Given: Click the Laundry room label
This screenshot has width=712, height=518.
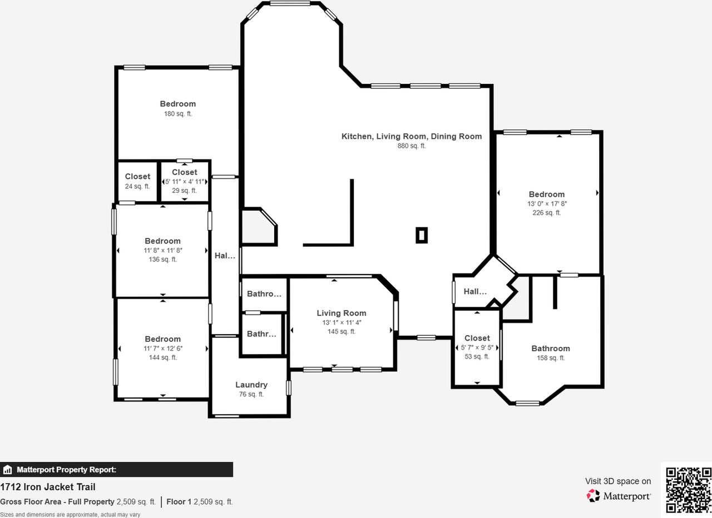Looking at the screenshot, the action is tap(251, 385).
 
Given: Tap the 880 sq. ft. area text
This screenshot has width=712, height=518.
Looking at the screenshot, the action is tap(411, 146).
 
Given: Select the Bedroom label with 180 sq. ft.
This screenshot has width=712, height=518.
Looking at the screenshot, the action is tap(177, 104).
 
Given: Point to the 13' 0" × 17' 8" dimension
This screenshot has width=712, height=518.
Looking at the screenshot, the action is tap(547, 203).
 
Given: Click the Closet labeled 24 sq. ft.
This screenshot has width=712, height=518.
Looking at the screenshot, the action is tap(137, 176).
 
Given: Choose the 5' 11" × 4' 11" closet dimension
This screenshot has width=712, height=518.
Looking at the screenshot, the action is tap(184, 182).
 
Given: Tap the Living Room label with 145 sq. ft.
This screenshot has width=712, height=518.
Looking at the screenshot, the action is tap(342, 313).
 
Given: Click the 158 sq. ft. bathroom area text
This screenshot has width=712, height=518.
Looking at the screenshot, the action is tap(551, 358).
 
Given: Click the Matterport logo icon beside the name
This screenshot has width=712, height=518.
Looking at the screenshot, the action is tap(593, 496).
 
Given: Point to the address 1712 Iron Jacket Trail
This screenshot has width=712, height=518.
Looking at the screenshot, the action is tap(48, 487).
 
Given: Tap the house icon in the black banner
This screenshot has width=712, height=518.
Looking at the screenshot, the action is tap(7, 470).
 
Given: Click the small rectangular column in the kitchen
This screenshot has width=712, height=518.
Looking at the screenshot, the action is tap(422, 235).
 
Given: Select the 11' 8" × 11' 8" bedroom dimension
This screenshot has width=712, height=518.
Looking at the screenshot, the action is tap(163, 250).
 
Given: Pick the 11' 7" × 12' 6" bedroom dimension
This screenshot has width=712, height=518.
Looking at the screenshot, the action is tap(163, 348).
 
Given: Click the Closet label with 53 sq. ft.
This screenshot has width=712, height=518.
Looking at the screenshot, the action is tap(477, 338).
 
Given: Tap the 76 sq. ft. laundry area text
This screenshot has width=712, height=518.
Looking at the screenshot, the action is tap(251, 394).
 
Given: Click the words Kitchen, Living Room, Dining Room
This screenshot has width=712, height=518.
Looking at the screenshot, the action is tap(411, 136).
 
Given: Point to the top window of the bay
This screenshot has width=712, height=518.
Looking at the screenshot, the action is tap(290, 3).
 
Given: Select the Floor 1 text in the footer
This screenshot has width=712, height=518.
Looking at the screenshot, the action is tap(179, 501).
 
